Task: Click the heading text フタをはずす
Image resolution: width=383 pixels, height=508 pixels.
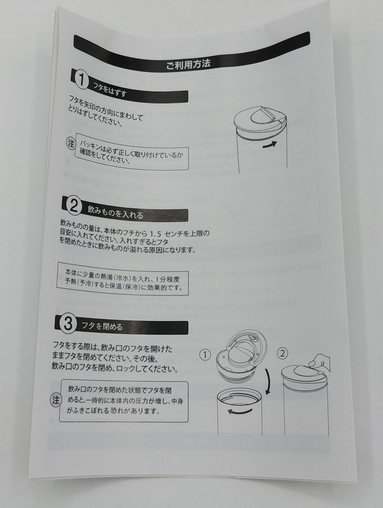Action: point(110,90)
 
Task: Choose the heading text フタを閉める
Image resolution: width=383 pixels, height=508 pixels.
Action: point(102,327)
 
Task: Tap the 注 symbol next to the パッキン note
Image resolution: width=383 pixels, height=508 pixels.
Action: point(71,143)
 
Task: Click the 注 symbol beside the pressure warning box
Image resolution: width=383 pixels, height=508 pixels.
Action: point(56,400)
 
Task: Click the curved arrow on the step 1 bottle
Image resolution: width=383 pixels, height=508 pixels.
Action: point(270,144)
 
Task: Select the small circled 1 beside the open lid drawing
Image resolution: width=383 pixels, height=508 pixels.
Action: point(205,355)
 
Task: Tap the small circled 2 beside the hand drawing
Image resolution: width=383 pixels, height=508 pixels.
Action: point(282,353)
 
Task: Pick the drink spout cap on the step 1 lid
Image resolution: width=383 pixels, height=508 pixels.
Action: point(262,116)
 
